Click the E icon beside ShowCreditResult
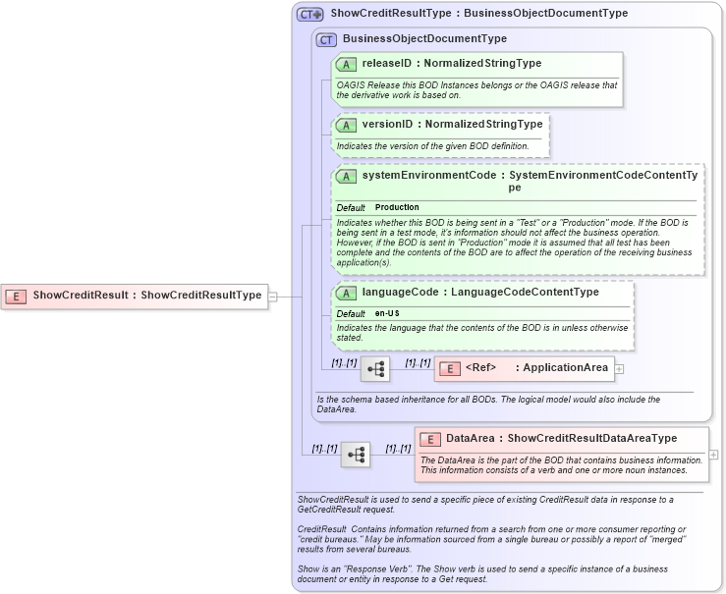(16, 295)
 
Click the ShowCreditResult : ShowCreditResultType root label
(147, 295)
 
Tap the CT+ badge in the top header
(310, 14)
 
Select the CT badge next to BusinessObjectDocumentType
(326, 39)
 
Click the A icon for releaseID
(346, 64)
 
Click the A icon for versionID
(346, 125)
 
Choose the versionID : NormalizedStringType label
(452, 125)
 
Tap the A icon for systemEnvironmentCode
(346, 176)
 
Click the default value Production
(397, 208)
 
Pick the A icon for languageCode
(346, 293)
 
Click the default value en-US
(387, 313)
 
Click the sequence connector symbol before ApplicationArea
(375, 369)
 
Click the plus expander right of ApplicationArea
(619, 369)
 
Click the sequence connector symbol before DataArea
(356, 455)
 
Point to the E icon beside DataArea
(430, 439)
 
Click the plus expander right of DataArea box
(713, 455)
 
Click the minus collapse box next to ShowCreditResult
(273, 295)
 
